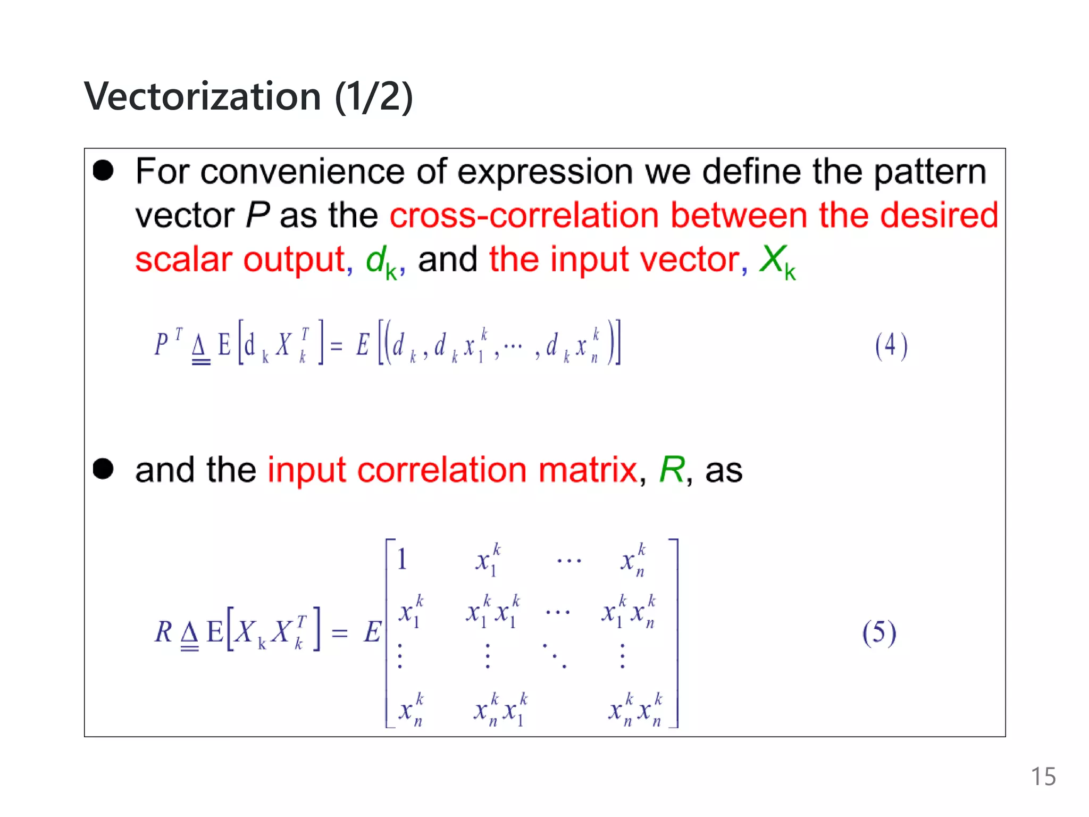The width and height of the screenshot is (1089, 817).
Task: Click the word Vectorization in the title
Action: (x=203, y=97)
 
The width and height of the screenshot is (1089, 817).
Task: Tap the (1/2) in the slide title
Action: (x=374, y=97)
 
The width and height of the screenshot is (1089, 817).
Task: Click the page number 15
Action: (x=1043, y=777)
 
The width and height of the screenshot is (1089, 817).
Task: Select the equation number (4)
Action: (x=891, y=346)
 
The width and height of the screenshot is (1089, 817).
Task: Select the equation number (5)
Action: (x=879, y=633)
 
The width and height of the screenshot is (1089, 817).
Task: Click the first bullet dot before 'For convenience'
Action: (x=103, y=171)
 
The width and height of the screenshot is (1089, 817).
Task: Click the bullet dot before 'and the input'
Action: (x=103, y=469)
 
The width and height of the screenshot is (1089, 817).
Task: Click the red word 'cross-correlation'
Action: (x=524, y=215)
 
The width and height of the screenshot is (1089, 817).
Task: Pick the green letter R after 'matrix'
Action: (x=672, y=470)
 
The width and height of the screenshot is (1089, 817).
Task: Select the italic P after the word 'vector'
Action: (x=258, y=215)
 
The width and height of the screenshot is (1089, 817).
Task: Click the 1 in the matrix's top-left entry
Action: (x=402, y=560)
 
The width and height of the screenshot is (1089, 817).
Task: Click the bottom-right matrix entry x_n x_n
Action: (x=635, y=710)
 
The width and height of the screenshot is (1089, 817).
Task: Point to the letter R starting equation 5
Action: (x=163, y=632)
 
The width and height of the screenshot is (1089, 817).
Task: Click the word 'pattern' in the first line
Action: (x=929, y=173)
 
